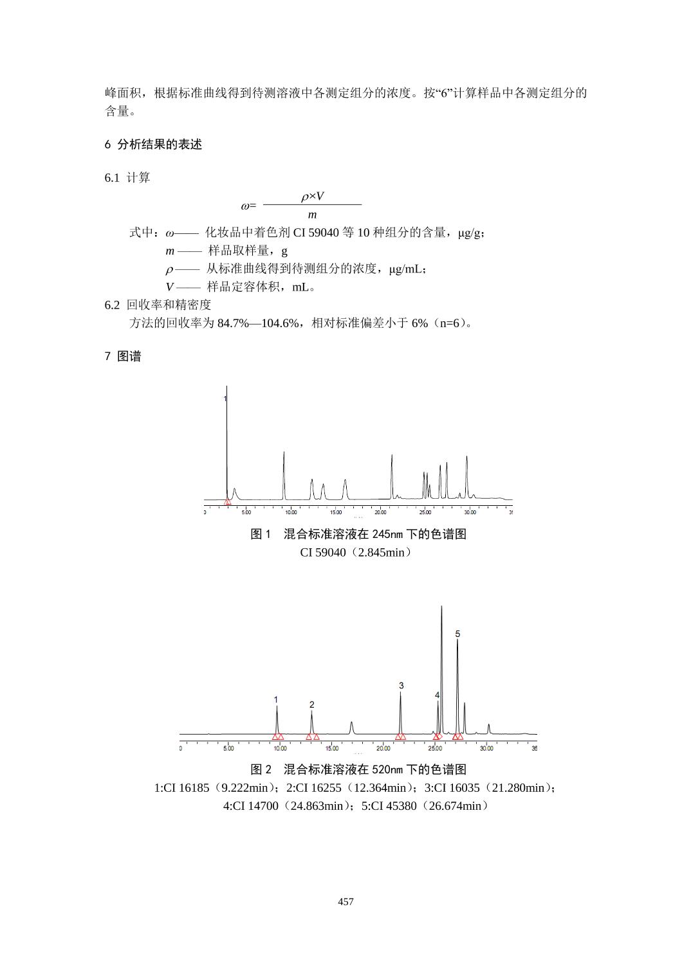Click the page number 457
tap(345, 902)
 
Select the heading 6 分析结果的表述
tap(153, 145)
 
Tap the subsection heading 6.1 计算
tap(127, 178)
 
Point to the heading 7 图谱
tap(123, 356)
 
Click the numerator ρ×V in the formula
tap(313, 196)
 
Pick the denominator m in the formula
tap(312, 215)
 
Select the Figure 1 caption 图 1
tap(261, 534)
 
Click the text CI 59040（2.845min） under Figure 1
tap(355, 552)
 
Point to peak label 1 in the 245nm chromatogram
tap(225, 399)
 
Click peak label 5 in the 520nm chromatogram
tap(457, 634)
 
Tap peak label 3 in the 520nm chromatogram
tap(401, 686)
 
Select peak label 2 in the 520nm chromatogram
tap(312, 704)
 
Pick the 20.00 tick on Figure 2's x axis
tap(383, 748)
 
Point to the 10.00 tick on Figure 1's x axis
tap(291, 512)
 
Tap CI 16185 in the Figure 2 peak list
tap(187, 787)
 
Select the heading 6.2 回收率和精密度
tap(158, 305)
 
